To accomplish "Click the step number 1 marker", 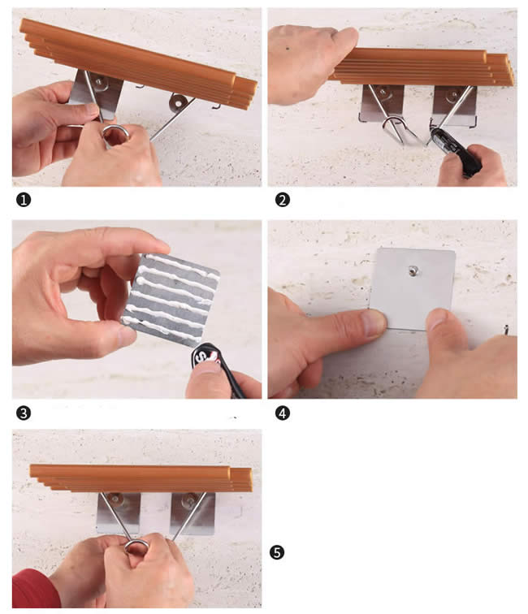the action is (24, 200).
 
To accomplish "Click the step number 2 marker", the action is (283, 200).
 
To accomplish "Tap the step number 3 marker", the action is (24, 413).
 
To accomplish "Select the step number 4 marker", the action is (283, 413).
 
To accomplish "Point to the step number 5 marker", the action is (277, 552).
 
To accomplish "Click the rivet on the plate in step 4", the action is (413, 270).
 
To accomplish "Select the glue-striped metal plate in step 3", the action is (171, 299).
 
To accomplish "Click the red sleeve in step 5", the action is (34, 590).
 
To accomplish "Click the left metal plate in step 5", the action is (119, 513).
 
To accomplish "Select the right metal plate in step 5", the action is (193, 513).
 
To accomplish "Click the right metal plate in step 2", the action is (454, 106).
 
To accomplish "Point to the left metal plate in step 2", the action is (382, 103).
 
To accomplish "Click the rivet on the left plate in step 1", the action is (98, 81).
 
